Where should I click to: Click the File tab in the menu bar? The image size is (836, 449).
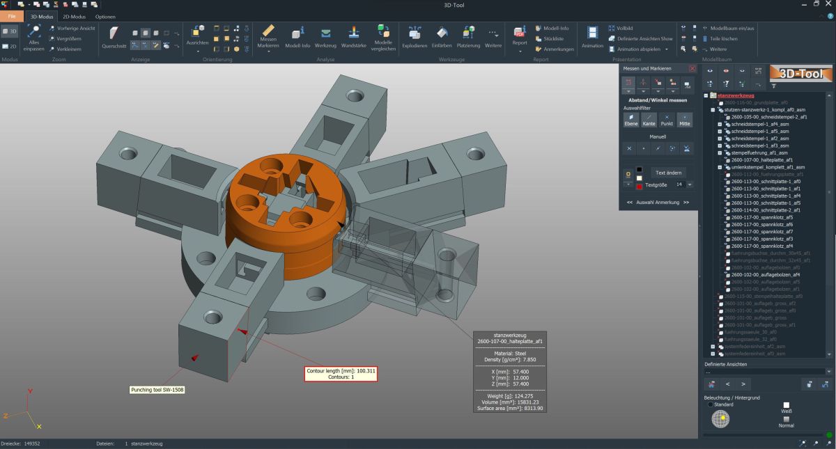coord(12,16)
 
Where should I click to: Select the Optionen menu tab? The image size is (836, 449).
coord(105,16)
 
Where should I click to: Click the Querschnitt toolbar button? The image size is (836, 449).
coord(114,38)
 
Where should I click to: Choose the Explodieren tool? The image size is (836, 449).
coord(415,38)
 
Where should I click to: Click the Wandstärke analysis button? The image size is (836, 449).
coord(354,38)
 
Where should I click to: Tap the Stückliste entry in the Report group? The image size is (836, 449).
coord(553,38)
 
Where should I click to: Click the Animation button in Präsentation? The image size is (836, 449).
coord(592,38)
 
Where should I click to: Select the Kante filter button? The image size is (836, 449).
coord(648,120)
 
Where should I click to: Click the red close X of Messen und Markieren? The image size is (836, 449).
coord(692,69)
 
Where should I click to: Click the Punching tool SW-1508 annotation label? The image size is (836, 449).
coord(157,390)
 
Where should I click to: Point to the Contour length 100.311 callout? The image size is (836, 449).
coord(341,374)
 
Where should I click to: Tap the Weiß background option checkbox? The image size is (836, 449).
coord(786,404)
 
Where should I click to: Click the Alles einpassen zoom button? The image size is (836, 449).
coord(33,38)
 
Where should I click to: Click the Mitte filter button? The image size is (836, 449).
coord(685,120)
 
